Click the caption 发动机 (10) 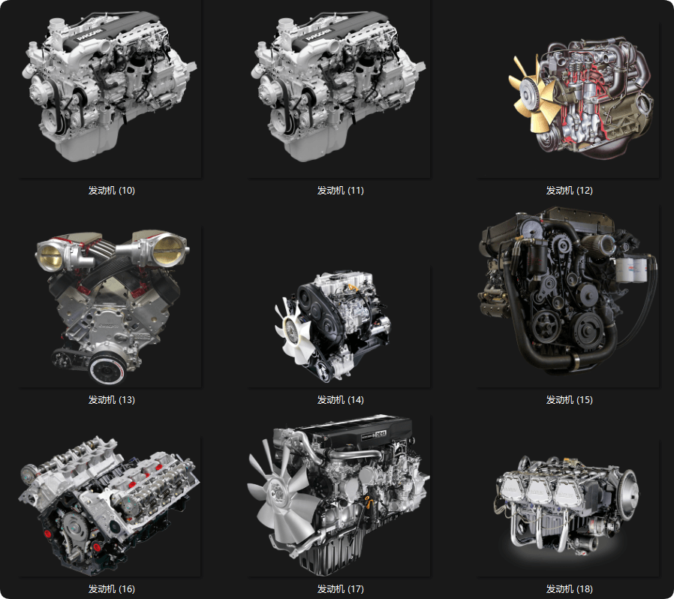111,190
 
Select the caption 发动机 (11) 341,190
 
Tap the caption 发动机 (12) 569,190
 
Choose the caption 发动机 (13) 111,399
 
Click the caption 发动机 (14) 341,399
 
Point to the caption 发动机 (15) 569,399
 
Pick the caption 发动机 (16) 111,588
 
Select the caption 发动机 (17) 341,588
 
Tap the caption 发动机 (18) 569,588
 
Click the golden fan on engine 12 532,94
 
